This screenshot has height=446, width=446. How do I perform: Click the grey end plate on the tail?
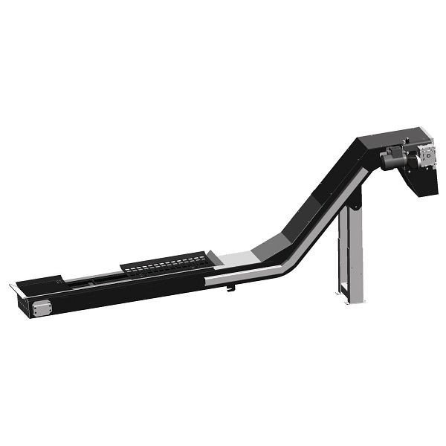coord(40,306)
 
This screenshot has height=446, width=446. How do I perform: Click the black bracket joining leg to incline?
coord(358,198)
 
